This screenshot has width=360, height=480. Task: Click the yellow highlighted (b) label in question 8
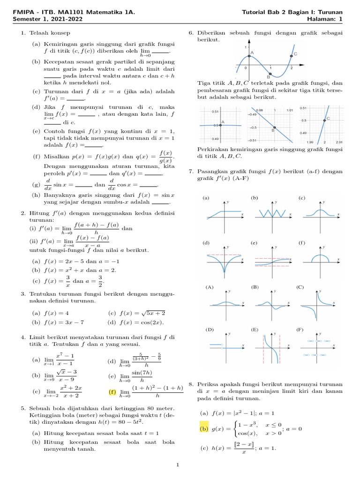coord(204,428)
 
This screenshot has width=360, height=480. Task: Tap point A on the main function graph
coord(249,56)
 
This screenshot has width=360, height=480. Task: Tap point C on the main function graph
coord(292,55)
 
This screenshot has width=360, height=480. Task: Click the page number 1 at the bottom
coord(178,465)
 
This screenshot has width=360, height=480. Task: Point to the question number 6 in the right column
coord(191,33)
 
